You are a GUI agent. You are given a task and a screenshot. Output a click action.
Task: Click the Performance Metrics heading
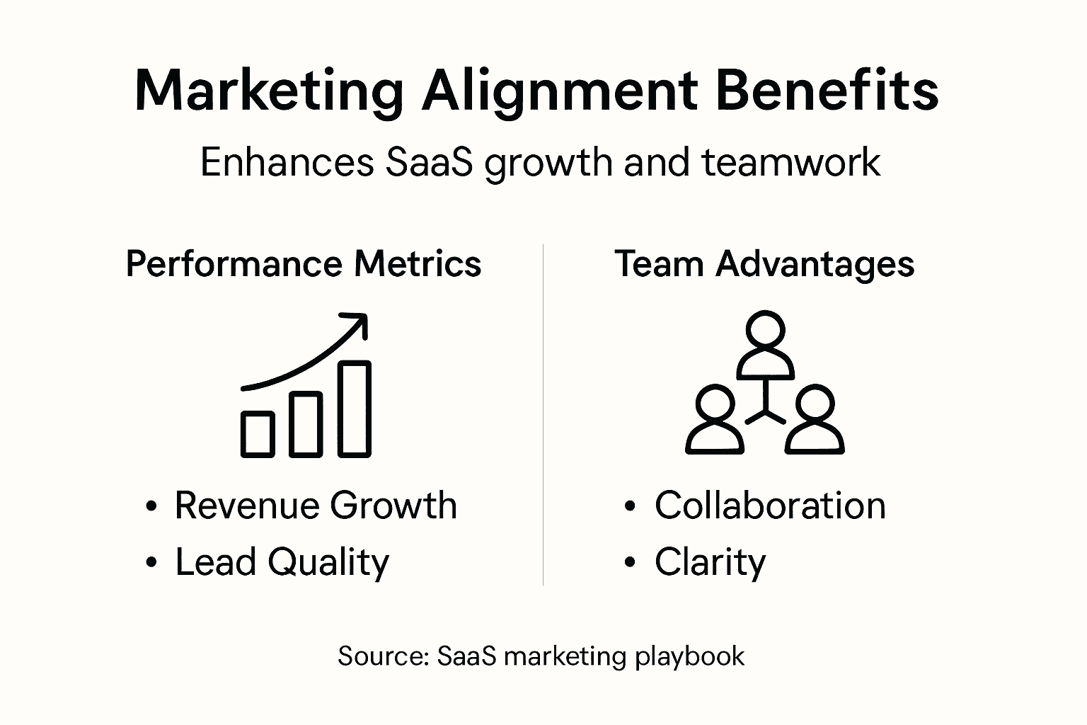pyautogui.click(x=304, y=264)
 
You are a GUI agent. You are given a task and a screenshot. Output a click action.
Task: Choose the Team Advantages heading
pyautogui.click(x=764, y=264)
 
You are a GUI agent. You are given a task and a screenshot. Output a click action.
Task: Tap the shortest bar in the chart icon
pyautogui.click(x=258, y=433)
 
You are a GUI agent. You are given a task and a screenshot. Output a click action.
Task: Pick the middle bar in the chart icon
pyautogui.click(x=306, y=423)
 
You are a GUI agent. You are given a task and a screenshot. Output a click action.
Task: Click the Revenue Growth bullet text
pyautogui.click(x=316, y=506)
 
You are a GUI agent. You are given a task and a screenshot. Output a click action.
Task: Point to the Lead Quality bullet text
pyautogui.click(x=282, y=562)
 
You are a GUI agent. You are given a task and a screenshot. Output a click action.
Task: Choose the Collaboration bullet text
pyautogui.click(x=770, y=506)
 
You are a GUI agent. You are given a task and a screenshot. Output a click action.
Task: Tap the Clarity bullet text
pyautogui.click(x=710, y=562)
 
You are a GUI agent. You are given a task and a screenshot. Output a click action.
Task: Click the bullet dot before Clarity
pyautogui.click(x=630, y=563)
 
